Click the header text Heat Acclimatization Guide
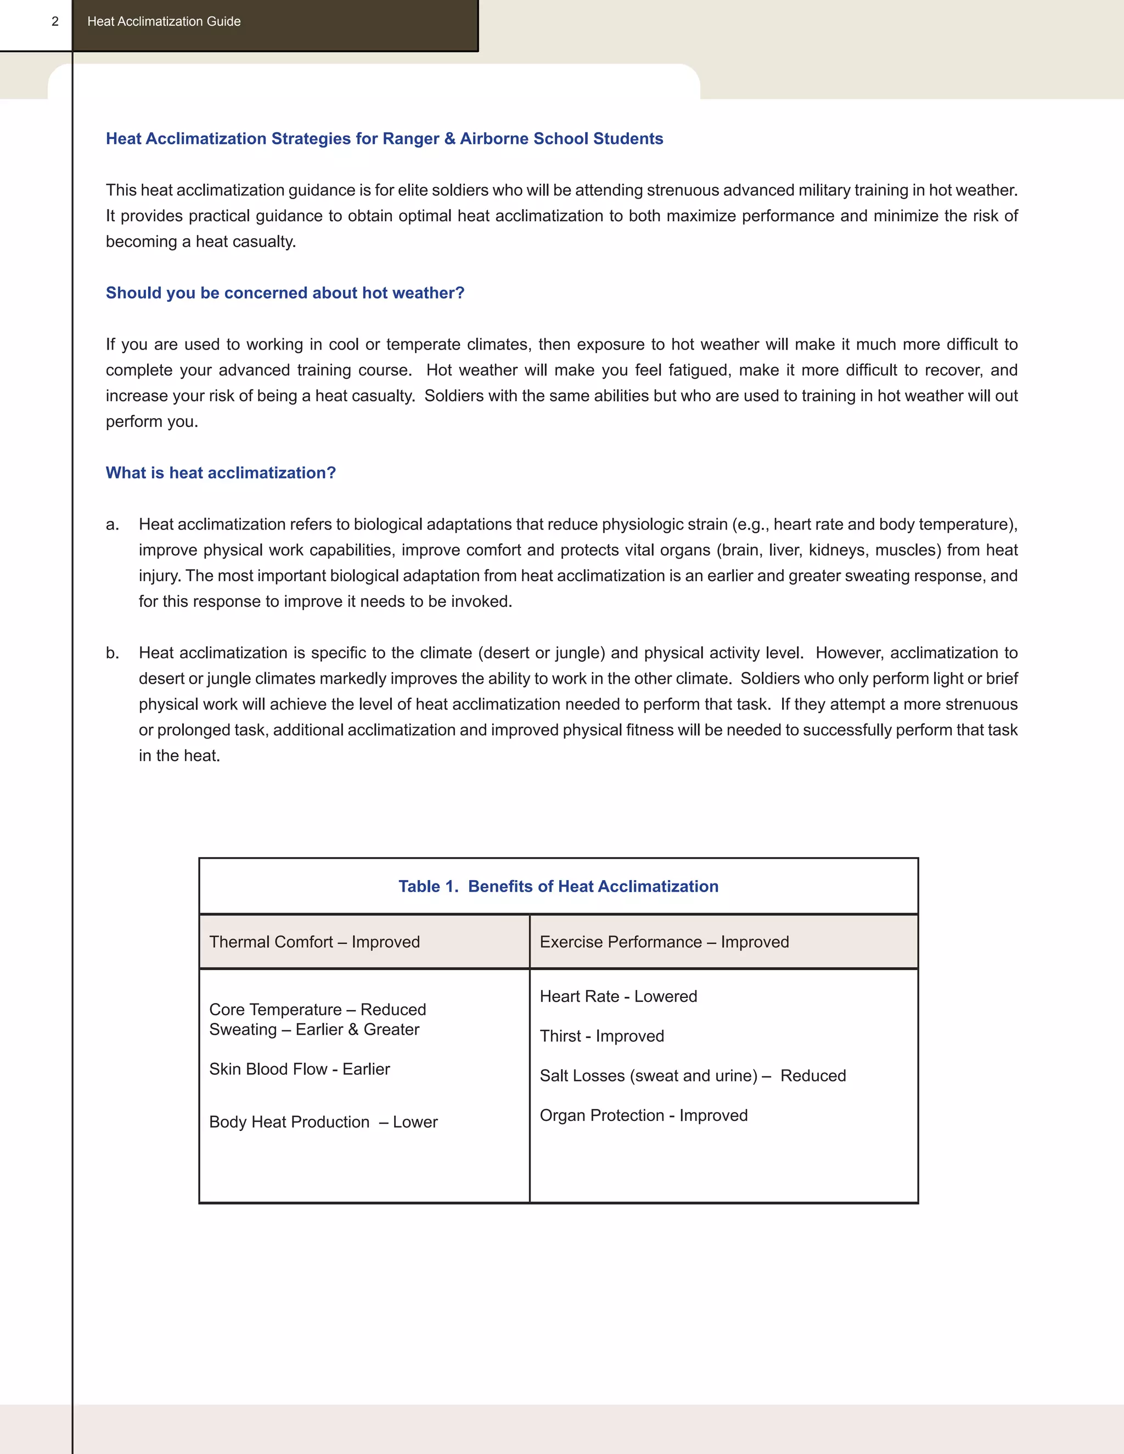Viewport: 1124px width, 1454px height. tap(164, 21)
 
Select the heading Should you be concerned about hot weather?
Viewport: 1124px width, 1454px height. tap(285, 293)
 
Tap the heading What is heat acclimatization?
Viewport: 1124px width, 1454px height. tap(221, 472)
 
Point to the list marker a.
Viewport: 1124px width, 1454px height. tap(113, 525)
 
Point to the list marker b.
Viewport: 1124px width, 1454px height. tap(113, 653)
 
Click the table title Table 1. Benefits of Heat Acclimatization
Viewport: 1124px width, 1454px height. tap(558, 886)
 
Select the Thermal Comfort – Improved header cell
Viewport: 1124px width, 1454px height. tap(314, 942)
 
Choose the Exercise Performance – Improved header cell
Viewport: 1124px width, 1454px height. tap(664, 942)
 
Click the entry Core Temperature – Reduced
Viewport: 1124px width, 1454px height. tap(318, 1009)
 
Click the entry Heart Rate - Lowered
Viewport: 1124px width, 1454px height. tap(618, 996)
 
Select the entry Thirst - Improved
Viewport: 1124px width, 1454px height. tap(602, 1036)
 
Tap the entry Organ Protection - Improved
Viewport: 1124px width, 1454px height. tap(643, 1115)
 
